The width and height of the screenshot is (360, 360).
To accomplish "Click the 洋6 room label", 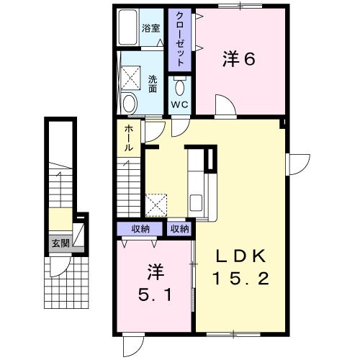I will pyautogui.click(x=238, y=60).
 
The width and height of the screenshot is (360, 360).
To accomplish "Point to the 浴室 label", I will pyautogui.click(x=150, y=30).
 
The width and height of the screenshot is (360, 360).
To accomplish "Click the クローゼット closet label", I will pyautogui.click(x=179, y=40).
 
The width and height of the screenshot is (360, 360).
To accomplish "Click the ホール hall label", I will pyautogui.click(x=128, y=138).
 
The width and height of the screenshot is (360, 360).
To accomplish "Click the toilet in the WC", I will pyautogui.click(x=179, y=88).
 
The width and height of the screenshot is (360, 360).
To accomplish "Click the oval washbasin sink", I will pyautogui.click(x=129, y=103).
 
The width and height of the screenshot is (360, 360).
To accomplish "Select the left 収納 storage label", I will pyautogui.click(x=140, y=229).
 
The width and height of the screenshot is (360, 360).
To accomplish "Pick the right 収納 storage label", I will pyautogui.click(x=179, y=229).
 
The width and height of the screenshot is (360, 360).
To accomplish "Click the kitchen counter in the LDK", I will pyautogui.click(x=196, y=184).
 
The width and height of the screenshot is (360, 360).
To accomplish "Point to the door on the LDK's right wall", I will pyautogui.click(x=296, y=163).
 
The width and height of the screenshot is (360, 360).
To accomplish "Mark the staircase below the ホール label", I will pyautogui.click(x=129, y=187).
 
